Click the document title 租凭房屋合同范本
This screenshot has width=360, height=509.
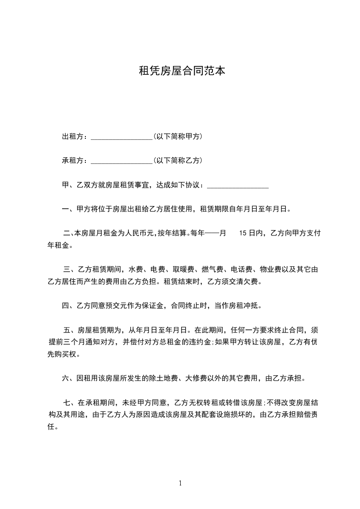pyautogui.click(x=182, y=71)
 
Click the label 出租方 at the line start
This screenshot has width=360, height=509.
pyautogui.click(x=72, y=137)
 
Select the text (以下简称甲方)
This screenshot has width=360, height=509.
pyautogui.click(x=178, y=137)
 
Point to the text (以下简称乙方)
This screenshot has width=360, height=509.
pyautogui.click(x=178, y=161)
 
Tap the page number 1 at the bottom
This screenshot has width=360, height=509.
pyautogui.click(x=180, y=483)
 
